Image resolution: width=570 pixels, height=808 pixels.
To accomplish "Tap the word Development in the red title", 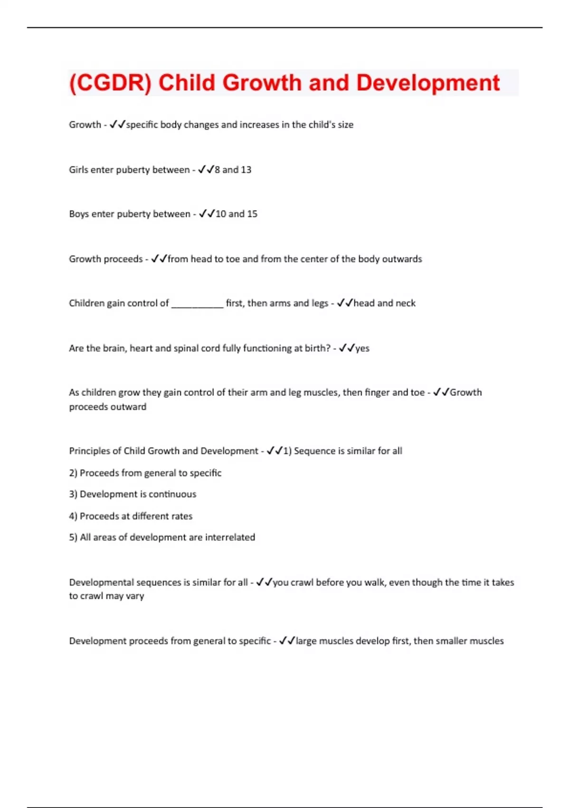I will click(x=427, y=83).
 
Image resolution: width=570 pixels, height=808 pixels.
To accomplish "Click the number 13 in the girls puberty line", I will click(x=246, y=170).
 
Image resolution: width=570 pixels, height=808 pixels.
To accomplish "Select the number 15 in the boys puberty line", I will click(x=252, y=214).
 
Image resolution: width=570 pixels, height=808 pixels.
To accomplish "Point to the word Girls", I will click(x=78, y=170).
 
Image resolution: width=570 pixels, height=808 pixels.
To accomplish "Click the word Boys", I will click(x=79, y=214).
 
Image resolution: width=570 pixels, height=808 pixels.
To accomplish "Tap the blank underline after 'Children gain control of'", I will click(x=197, y=304).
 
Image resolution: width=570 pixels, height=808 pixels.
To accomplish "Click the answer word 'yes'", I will click(x=362, y=348).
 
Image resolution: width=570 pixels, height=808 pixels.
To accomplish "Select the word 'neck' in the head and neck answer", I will click(x=405, y=303).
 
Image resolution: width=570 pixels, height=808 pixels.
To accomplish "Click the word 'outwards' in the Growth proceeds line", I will click(x=402, y=259).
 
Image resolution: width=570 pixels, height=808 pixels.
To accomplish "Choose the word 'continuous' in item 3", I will click(x=172, y=494).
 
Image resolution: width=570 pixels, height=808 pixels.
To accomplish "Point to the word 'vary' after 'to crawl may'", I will click(x=135, y=596).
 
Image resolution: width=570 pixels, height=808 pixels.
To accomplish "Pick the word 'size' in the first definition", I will click(x=345, y=125).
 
